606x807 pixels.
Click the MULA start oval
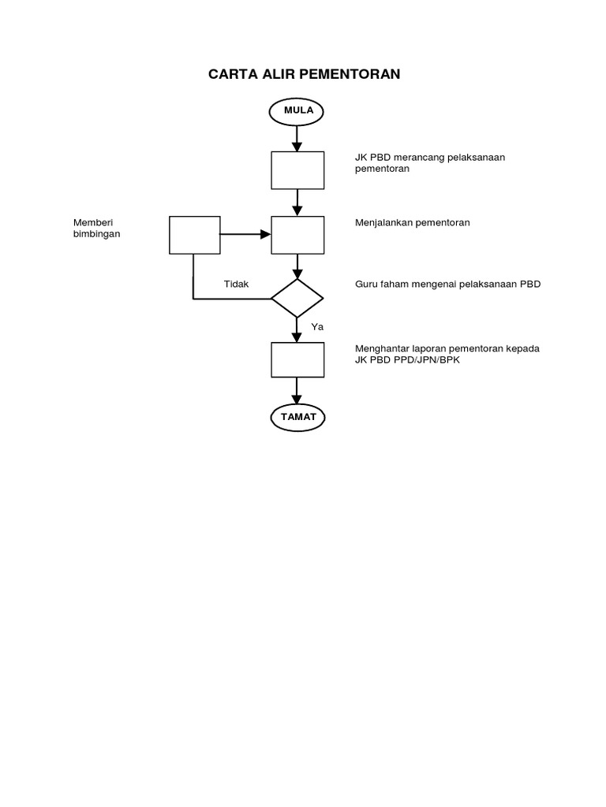coord(297,110)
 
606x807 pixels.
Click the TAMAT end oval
coord(297,417)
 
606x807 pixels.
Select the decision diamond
coord(297,299)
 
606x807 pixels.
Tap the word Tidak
coord(237,284)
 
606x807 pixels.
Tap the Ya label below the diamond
coord(317,326)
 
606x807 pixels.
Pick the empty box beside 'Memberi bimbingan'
coord(195,235)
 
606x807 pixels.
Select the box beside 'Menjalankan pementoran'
coord(297,235)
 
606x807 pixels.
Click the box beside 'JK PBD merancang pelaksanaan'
coord(297,170)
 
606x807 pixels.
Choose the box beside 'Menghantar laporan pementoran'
coord(297,360)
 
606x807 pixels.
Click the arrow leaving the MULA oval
coord(297,138)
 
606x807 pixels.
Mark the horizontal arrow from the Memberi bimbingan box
coord(245,235)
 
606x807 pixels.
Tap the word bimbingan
coord(97,234)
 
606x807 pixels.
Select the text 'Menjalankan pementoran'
coord(413,223)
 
